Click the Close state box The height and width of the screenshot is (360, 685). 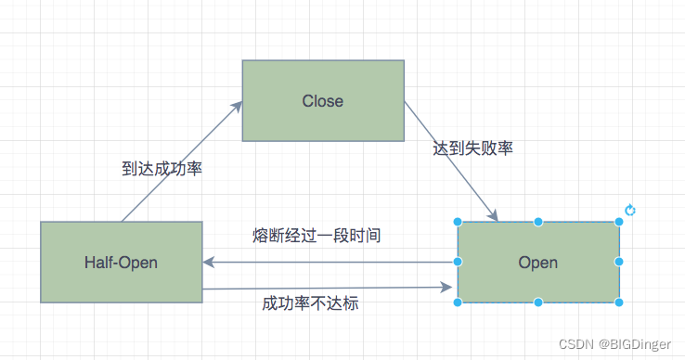coord(323,101)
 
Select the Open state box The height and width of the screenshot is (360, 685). coord(538,263)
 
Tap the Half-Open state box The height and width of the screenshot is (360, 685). coord(121,263)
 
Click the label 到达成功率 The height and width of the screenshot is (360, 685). coord(162,169)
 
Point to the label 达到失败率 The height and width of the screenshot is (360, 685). coord(473,148)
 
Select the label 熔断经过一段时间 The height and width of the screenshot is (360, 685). coord(317,236)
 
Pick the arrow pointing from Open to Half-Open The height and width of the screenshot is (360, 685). coord(330,262)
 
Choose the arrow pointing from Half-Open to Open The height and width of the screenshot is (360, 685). coord(330,289)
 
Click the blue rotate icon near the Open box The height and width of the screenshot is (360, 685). coord(630,211)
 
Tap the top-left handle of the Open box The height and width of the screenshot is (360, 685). coord(458,223)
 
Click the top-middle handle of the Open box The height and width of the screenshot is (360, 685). coord(538,223)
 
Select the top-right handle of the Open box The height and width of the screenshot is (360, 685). coord(619,223)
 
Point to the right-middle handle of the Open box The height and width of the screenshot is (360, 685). coord(619,263)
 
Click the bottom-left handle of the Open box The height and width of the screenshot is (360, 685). coord(458,302)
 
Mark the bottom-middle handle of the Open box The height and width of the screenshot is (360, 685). coord(538,302)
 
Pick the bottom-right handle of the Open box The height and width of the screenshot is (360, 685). coord(619,302)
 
